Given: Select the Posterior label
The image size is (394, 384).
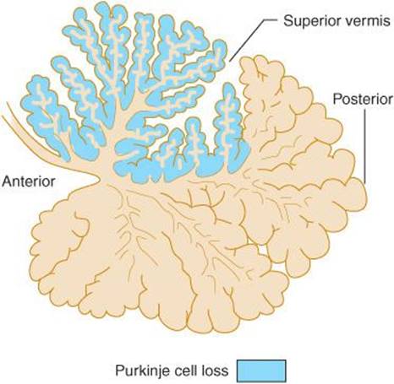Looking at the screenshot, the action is point(363,99).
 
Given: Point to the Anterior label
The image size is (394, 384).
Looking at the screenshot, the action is point(29,181).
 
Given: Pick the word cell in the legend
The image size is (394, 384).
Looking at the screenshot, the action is point(191,370).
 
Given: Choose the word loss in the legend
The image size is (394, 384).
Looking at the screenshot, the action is point(217,370).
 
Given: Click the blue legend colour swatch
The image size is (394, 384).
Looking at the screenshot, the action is point(261,370).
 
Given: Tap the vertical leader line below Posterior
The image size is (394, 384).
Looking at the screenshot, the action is point(365,146).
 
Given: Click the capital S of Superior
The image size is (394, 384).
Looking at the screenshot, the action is point(288,21).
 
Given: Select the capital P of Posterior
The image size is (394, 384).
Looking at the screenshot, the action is point(337,99).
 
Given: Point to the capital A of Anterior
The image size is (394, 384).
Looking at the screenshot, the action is point(8,181).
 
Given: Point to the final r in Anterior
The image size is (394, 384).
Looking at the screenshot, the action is point(52,183).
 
